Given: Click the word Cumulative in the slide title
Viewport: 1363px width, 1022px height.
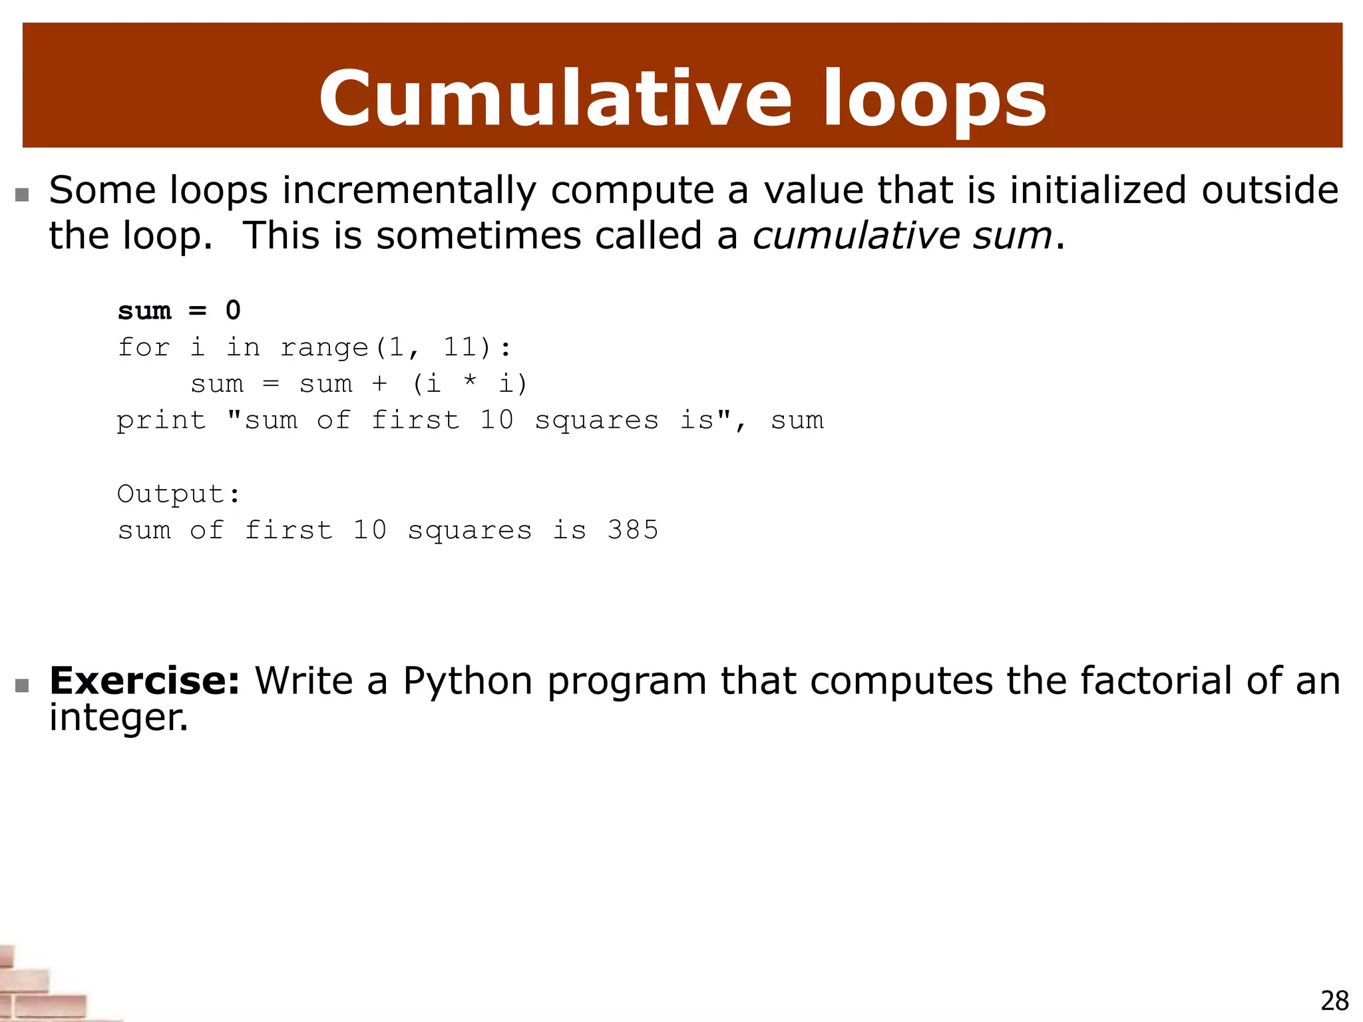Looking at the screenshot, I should click(555, 98).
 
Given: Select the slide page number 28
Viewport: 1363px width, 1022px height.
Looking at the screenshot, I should click(1334, 1001).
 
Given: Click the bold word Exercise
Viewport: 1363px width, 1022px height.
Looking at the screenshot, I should click(144, 681).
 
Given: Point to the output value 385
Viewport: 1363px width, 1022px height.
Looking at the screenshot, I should click(632, 530).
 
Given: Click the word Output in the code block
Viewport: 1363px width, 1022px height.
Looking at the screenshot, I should click(172, 494).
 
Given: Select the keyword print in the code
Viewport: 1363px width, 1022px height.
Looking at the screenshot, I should click(161, 421).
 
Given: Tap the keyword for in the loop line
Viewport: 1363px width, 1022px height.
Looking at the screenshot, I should click(144, 347).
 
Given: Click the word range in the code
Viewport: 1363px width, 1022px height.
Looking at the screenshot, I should click(324, 348).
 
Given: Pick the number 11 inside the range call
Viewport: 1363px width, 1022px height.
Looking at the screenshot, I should click(460, 347).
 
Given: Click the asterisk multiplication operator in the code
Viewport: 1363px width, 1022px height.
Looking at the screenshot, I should click(469, 382).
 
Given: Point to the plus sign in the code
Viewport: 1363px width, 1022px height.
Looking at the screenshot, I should click(379, 384).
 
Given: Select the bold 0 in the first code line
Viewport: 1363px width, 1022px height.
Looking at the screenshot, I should click(233, 311).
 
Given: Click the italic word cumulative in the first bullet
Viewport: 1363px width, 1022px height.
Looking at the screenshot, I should click(856, 236).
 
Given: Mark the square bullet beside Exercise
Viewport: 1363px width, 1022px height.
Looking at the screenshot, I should click(23, 685).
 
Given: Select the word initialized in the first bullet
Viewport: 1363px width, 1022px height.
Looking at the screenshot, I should click(1097, 190).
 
